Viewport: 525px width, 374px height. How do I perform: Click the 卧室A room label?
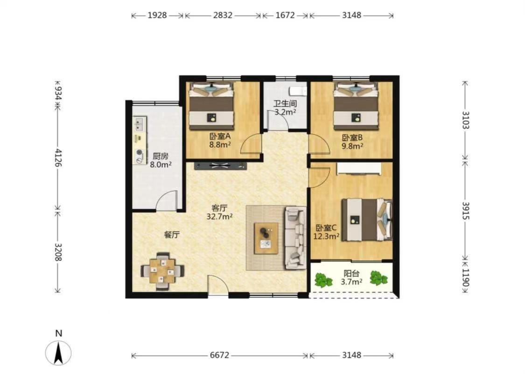(220, 137)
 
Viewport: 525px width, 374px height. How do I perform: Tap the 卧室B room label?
(352, 137)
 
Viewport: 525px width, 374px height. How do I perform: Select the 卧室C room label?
(326, 228)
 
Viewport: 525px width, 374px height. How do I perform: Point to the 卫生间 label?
(285, 104)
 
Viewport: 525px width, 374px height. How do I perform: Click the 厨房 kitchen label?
(161, 156)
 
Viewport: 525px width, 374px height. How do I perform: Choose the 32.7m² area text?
(220, 216)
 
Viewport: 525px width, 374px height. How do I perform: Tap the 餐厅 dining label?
(172, 235)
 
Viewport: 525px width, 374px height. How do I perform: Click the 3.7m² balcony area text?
(351, 282)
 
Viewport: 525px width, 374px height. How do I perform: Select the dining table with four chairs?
(163, 270)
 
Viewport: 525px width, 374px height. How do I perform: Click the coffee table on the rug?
(266, 238)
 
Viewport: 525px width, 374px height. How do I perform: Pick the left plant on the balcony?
(323, 280)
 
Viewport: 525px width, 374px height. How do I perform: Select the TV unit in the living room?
(220, 165)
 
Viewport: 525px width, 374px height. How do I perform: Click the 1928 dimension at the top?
(157, 15)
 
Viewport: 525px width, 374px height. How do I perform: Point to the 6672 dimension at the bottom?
(220, 355)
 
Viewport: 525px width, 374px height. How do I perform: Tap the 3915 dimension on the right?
(466, 211)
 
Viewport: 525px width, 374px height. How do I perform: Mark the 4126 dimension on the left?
(59, 158)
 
